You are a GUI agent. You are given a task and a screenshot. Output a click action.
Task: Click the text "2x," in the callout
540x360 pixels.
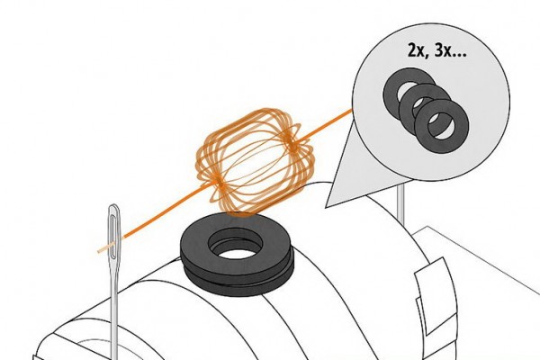418,51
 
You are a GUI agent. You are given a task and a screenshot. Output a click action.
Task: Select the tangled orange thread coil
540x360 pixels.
256,162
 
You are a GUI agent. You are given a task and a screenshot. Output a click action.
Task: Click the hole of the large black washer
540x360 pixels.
236,247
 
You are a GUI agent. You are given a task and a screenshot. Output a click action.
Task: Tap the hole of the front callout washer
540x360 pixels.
441,126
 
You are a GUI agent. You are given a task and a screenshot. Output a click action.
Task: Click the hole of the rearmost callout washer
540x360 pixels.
407,90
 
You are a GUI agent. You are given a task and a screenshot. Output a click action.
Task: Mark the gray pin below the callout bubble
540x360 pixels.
400,202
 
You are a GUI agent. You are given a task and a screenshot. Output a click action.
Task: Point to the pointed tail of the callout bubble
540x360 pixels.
326,207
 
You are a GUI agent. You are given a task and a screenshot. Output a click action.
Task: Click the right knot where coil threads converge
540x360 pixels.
293,145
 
